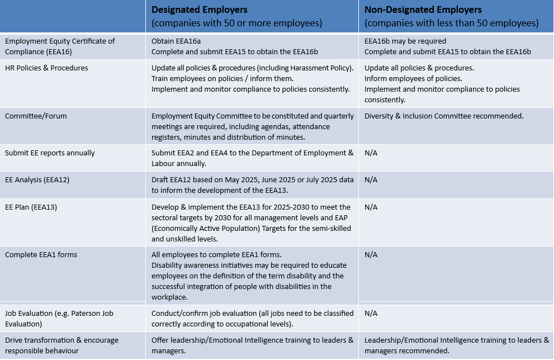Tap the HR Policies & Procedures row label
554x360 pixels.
[x=46, y=68]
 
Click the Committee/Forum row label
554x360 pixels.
[x=36, y=116]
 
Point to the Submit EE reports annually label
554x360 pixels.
[x=50, y=153]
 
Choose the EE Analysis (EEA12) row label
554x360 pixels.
[x=37, y=180]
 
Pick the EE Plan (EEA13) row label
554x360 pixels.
[x=31, y=207]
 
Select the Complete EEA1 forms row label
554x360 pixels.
[x=41, y=255]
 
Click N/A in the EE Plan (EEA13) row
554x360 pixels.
[x=371, y=207]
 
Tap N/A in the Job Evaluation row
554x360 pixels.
[x=371, y=314]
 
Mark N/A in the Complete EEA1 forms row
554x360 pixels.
[x=371, y=255]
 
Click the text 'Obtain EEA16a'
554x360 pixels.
[x=176, y=41]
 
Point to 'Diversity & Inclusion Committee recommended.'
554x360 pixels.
[x=444, y=116]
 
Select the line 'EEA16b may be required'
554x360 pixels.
[x=405, y=41]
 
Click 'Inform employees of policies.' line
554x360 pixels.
[x=413, y=78]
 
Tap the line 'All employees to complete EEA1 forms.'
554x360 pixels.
[x=216, y=255]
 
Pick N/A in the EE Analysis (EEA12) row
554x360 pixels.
[x=371, y=180]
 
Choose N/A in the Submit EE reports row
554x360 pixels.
[x=371, y=153]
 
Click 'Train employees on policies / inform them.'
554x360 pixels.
[x=222, y=78]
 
